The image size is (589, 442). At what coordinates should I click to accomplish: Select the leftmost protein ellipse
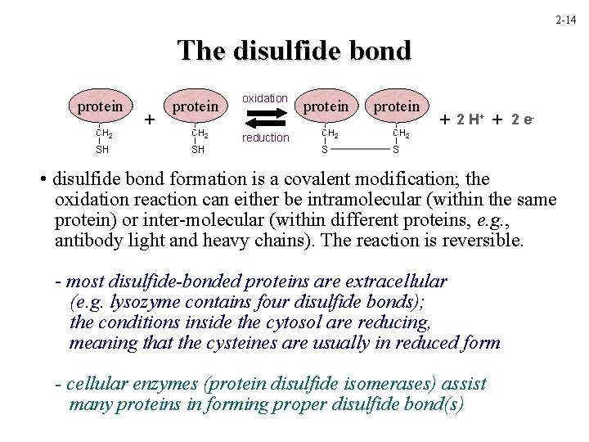(100, 106)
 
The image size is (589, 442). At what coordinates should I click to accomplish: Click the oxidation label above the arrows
(264, 98)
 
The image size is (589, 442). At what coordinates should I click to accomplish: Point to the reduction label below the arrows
(265, 138)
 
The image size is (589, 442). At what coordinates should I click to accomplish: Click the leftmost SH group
(102, 150)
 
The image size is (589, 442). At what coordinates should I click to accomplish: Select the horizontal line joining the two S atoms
(361, 150)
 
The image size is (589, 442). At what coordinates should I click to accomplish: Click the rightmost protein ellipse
(396, 106)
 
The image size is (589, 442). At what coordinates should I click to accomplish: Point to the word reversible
(483, 241)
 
